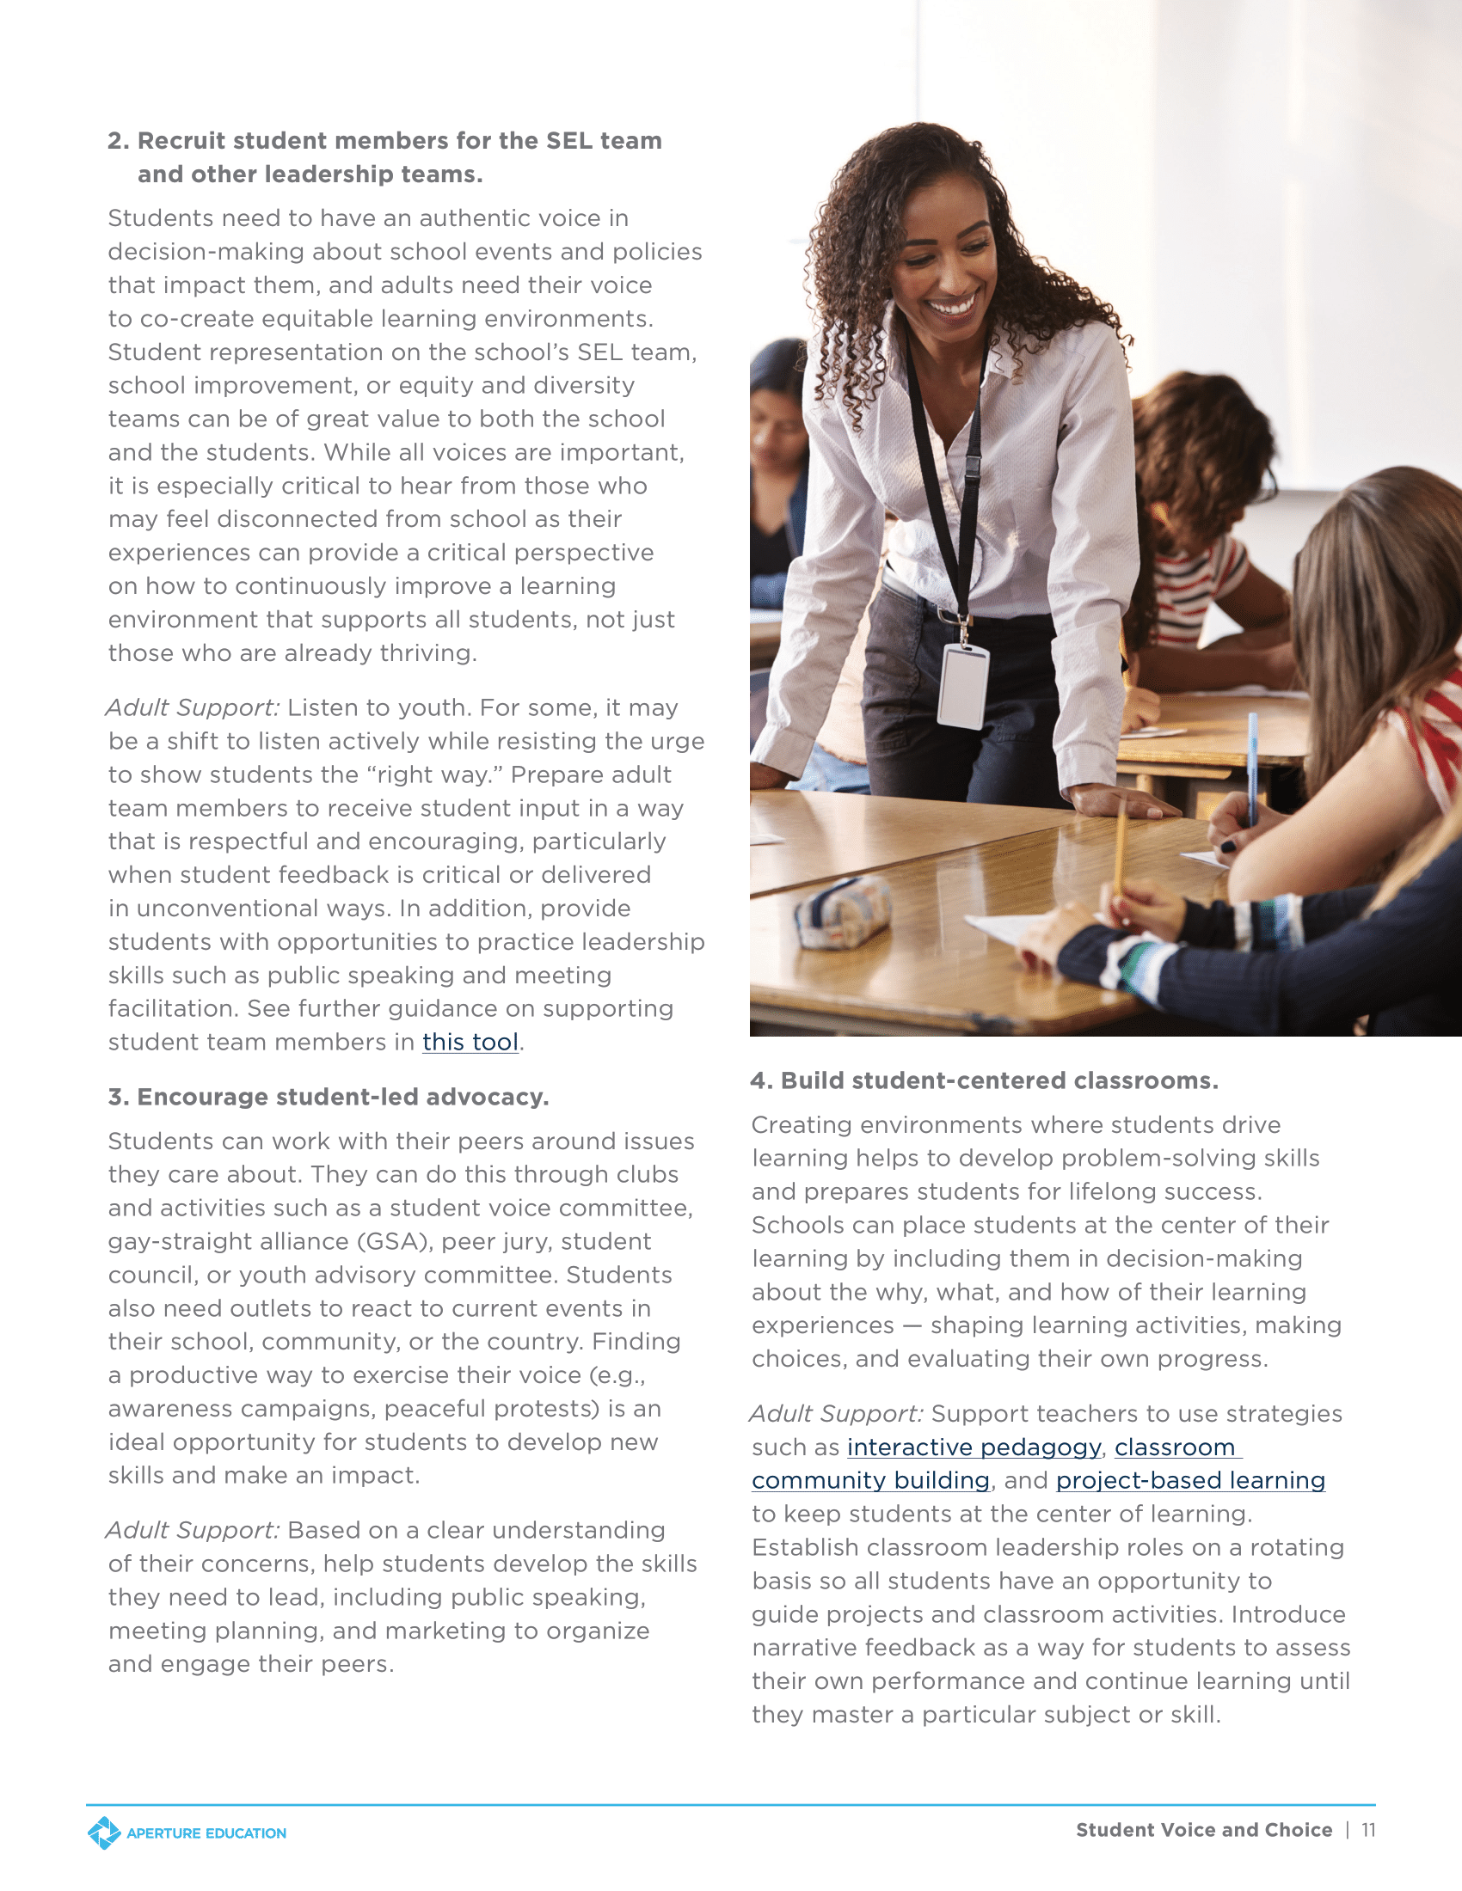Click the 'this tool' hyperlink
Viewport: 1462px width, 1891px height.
click(470, 1042)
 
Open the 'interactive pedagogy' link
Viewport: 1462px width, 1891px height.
click(974, 1447)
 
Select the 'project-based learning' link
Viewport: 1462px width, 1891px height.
click(1190, 1481)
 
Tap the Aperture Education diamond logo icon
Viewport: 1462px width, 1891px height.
click(104, 1833)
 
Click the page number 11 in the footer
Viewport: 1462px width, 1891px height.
click(1367, 1829)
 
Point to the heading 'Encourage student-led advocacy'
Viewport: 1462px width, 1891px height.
click(342, 1097)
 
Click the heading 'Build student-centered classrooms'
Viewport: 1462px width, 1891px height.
click(998, 1080)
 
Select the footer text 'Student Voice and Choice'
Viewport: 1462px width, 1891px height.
click(1204, 1829)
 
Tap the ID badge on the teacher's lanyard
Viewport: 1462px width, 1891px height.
click(963, 686)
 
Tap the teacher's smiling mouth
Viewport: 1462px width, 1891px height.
click(954, 306)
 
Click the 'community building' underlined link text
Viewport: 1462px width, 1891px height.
click(870, 1481)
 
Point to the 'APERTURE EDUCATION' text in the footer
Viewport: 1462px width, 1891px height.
click(206, 1833)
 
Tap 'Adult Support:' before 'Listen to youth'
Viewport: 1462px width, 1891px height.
click(193, 707)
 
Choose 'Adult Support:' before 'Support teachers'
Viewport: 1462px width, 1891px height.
click(837, 1413)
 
